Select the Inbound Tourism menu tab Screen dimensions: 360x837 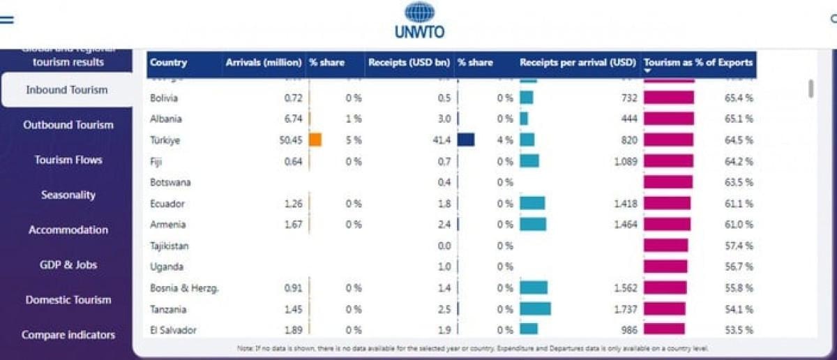[67, 90]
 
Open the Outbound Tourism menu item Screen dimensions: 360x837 [68, 125]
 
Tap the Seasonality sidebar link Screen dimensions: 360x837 [68, 195]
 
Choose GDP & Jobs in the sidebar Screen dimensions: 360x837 [68, 264]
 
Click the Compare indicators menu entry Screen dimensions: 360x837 [68, 335]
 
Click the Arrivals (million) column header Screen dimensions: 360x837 [263, 63]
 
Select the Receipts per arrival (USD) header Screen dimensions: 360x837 [578, 63]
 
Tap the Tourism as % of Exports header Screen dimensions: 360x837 [698, 63]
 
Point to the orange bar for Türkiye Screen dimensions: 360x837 [315, 140]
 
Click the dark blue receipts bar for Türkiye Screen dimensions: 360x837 [466, 140]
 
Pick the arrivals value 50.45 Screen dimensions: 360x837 [289, 140]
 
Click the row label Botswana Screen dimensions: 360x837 [170, 182]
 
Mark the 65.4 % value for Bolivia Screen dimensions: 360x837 [739, 98]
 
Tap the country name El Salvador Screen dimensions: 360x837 [173, 330]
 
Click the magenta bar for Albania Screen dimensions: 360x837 [668, 119]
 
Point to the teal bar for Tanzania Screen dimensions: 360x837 [535, 308]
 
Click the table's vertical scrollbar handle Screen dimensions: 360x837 [810, 89]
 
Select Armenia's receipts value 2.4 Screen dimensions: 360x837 [444, 225]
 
